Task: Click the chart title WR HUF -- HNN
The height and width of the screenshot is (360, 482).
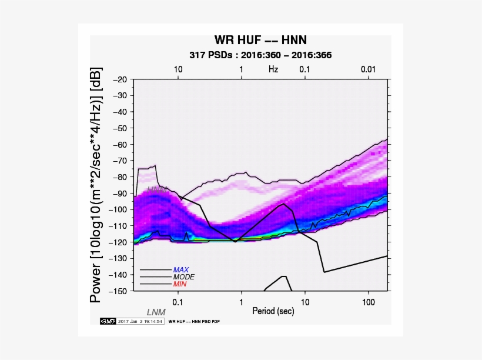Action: pos(260,41)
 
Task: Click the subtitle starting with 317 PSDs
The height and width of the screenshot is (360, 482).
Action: pos(260,55)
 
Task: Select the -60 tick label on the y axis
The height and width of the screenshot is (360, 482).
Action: pos(120,145)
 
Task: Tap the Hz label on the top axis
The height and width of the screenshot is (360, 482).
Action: pos(273,69)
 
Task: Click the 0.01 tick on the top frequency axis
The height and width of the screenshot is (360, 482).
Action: pos(368,69)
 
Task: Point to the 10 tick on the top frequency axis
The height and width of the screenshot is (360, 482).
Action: pos(178,69)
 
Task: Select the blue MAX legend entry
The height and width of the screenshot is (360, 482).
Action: pos(181,270)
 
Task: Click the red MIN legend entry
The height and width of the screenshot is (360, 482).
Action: pos(180,284)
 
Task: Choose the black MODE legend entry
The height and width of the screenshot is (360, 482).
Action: pos(183,276)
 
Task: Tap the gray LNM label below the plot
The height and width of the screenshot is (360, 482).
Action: pos(156,312)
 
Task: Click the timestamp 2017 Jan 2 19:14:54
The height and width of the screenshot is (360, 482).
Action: pos(139,321)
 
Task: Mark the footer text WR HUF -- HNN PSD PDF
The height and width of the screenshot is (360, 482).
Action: pos(194,322)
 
